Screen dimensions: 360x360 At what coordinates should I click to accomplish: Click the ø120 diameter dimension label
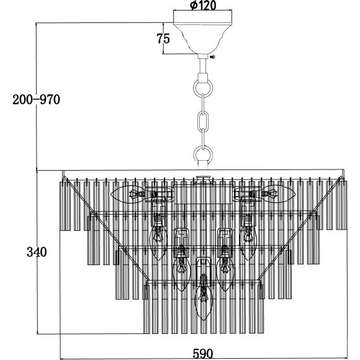(203, 5)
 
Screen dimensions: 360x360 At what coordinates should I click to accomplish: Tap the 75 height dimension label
(163, 38)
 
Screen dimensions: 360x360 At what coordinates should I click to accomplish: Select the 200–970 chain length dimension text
(36, 100)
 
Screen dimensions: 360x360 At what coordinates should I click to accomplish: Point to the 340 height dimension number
(37, 252)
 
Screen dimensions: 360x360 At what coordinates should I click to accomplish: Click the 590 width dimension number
(203, 354)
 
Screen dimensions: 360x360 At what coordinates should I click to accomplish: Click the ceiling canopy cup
(203, 38)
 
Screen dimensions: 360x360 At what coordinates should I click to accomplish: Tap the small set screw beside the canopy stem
(212, 56)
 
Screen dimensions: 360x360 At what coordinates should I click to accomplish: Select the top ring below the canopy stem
(203, 88)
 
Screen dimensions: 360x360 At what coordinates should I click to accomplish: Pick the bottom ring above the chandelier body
(203, 155)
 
